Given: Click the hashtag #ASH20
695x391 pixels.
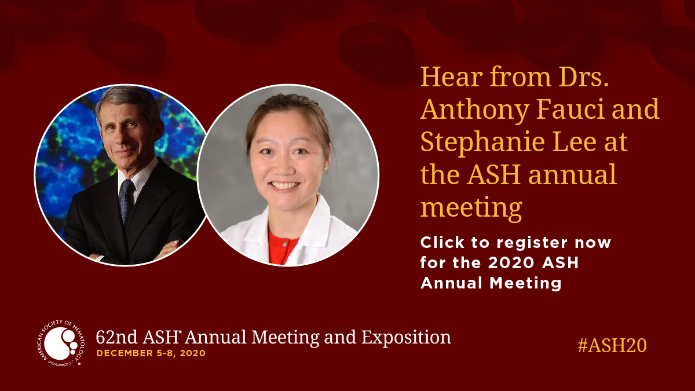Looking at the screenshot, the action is coord(612,345).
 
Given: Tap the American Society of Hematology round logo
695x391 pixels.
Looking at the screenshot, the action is coord(60,342).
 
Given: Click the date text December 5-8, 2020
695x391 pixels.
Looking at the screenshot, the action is coord(151,353).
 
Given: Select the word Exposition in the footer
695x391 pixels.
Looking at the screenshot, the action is coord(406,337).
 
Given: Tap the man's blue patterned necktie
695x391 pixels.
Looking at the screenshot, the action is coord(127,201).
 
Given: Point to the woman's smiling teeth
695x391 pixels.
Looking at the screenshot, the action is coord(285,185).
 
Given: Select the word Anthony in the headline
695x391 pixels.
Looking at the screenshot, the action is coord(475,110).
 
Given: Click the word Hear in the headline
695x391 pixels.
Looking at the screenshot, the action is coord(451,76).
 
